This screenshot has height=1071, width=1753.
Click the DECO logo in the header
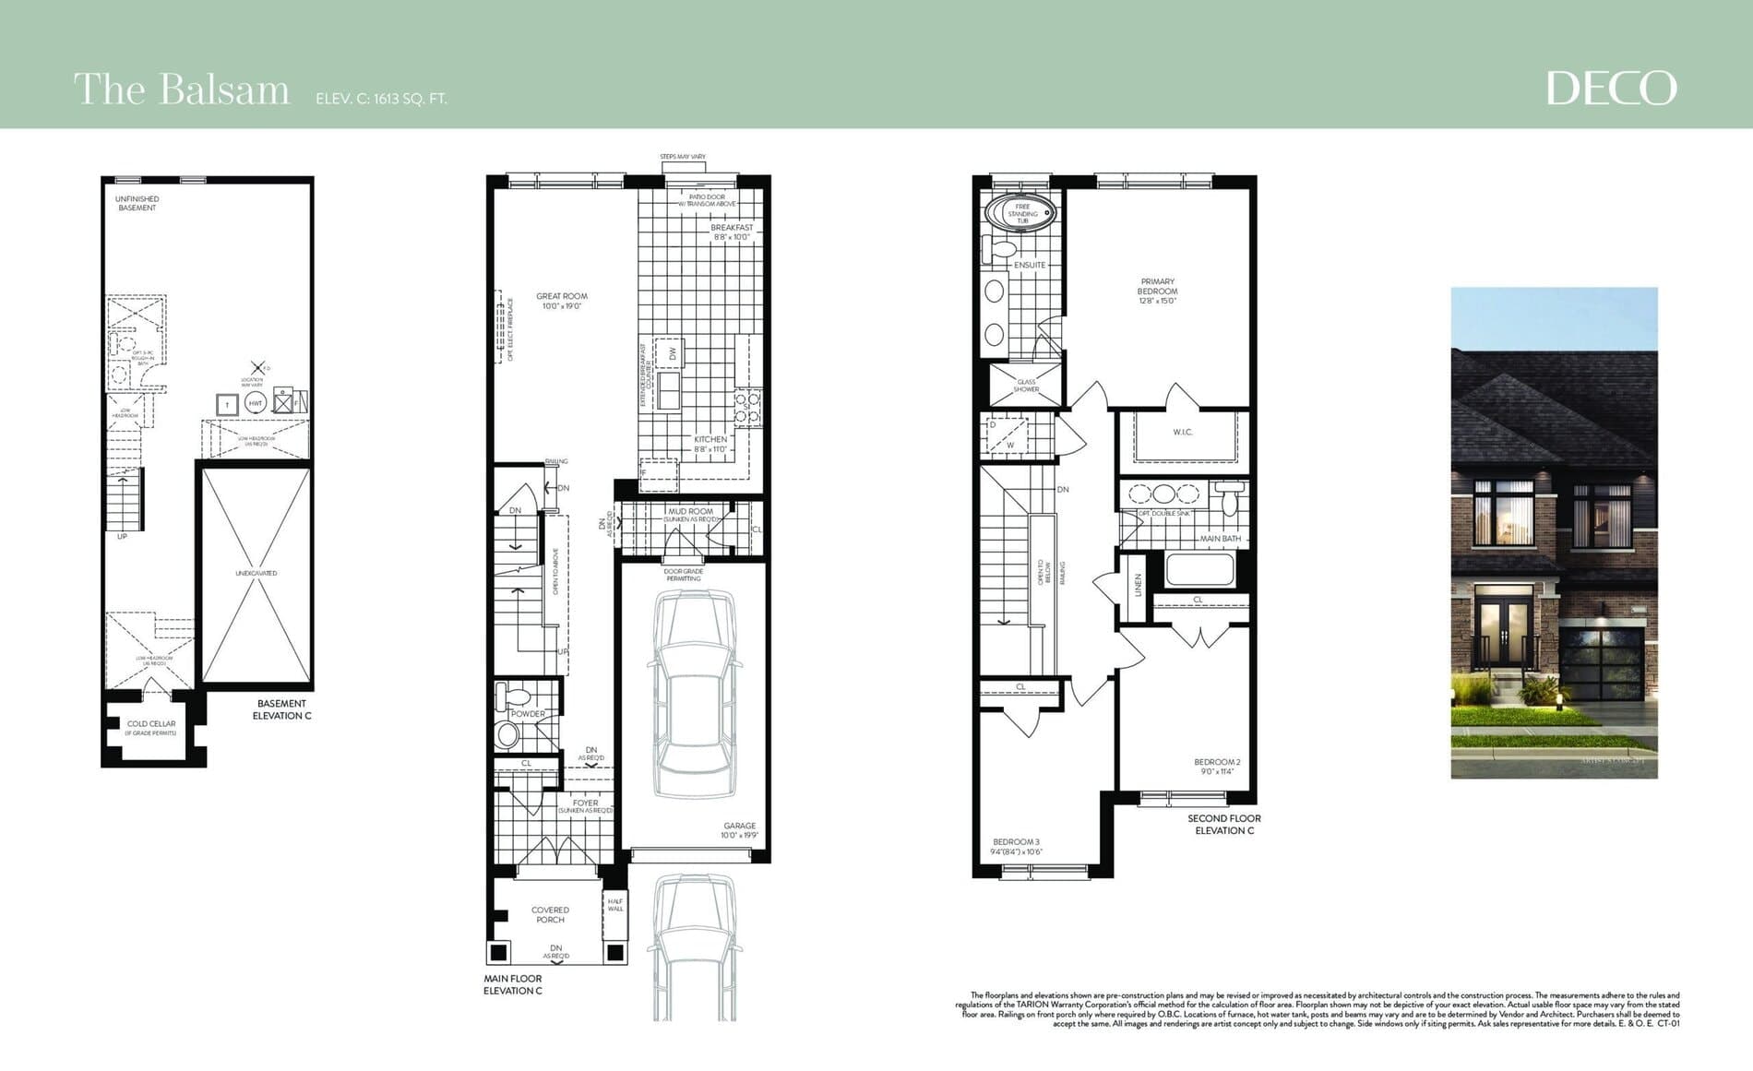(x=1611, y=89)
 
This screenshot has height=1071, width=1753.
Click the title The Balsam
(x=181, y=90)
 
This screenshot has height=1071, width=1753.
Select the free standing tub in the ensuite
(x=1022, y=213)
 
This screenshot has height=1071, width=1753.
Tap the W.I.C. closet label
(x=1183, y=432)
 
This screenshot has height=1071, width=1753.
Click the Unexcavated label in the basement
(x=256, y=573)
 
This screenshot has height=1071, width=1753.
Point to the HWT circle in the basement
(x=256, y=404)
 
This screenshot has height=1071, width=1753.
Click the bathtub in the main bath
(x=1198, y=569)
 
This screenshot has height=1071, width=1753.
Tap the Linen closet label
(x=1138, y=585)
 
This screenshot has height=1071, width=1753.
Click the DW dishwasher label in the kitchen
(x=673, y=352)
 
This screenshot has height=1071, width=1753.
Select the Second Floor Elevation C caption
(x=1223, y=824)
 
